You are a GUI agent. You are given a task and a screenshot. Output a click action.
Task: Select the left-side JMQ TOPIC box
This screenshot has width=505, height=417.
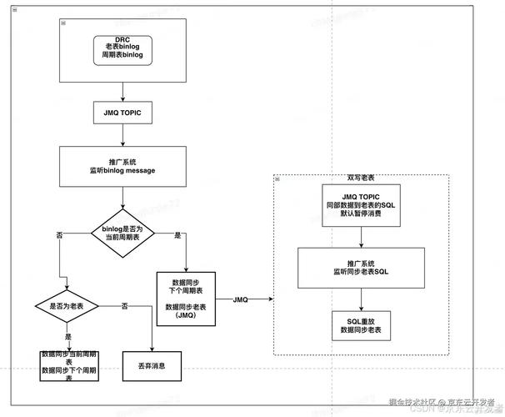coord(123,112)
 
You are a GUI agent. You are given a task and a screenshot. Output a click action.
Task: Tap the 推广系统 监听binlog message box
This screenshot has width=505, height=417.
coord(123,166)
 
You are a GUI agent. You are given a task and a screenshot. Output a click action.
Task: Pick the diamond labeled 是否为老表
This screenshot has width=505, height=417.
coord(67,306)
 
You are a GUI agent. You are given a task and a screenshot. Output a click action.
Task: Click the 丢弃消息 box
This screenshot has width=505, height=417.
coord(152,365)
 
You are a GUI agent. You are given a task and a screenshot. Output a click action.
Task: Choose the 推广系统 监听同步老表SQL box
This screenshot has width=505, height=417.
coord(362,267)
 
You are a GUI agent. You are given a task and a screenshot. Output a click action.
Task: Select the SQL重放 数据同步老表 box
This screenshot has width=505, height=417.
coord(362,326)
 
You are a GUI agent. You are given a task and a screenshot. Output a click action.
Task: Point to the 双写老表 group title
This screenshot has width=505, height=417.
coord(362,178)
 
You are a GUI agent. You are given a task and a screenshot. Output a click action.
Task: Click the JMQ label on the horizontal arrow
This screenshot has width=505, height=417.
coord(241,299)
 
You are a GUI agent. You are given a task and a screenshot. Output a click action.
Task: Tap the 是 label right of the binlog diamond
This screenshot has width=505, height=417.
coord(177,236)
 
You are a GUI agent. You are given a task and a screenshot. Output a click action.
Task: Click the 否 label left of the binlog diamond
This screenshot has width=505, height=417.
coord(59,236)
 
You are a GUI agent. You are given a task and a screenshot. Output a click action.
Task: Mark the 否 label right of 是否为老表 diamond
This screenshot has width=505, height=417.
coord(124,306)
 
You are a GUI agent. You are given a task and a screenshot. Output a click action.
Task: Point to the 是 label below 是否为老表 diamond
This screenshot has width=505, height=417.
coord(67,336)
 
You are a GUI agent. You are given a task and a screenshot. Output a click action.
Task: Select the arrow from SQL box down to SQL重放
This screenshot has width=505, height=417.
coord(362,298)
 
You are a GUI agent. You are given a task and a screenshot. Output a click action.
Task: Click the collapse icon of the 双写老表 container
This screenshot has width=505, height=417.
coord(277,178)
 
